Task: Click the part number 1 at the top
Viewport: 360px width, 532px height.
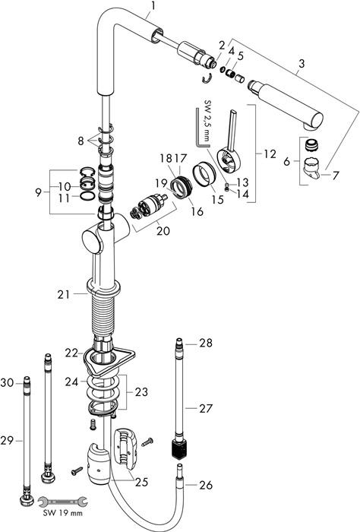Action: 153,8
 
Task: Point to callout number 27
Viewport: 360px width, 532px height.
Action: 206,408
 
